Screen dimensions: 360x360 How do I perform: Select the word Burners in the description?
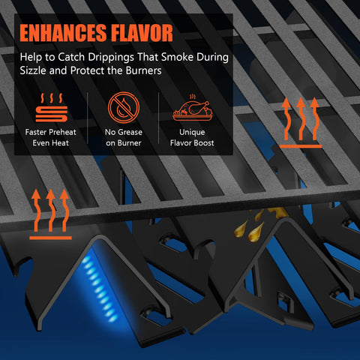[143, 70]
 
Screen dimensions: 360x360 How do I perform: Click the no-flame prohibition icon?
[124, 107]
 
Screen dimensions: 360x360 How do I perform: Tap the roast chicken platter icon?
[193, 108]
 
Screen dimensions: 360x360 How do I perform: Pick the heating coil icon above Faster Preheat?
[52, 108]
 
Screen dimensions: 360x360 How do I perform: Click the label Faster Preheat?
[51, 132]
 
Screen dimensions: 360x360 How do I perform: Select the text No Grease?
[124, 132]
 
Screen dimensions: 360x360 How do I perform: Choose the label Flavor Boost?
[192, 143]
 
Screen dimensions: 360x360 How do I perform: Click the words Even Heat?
[51, 143]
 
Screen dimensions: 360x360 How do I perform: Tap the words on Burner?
[124, 143]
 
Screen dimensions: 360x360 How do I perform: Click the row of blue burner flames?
[100, 289]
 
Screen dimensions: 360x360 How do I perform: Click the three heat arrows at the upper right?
[301, 122]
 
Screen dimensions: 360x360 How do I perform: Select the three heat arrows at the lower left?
[50, 214]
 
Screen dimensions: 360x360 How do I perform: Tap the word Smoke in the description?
[177, 57]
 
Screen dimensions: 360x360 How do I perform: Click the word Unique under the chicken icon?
[192, 132]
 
